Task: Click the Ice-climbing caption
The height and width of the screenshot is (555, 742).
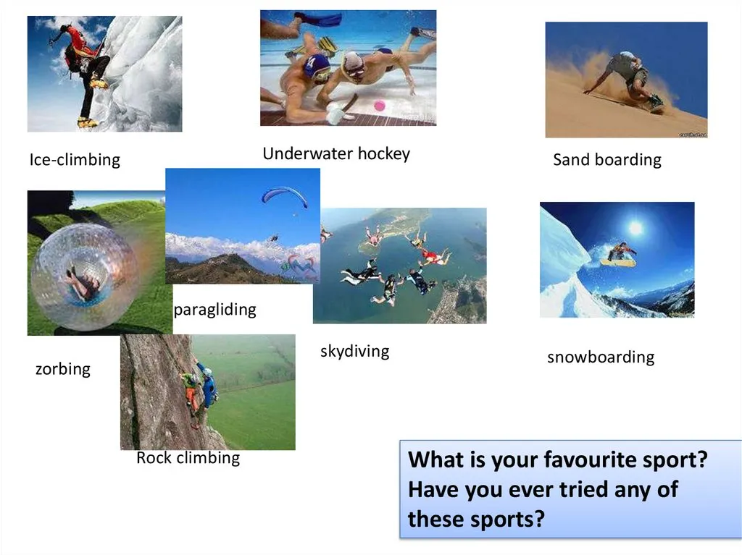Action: [x=75, y=160]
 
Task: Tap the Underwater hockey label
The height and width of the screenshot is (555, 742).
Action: [x=336, y=153]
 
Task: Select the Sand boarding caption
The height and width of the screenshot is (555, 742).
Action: [x=607, y=160]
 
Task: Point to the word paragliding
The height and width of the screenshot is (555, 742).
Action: [x=214, y=310]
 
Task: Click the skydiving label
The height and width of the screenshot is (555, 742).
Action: [x=355, y=351]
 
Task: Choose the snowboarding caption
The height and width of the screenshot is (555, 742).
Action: [x=601, y=357]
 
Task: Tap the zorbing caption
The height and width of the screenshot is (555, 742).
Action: [x=63, y=369]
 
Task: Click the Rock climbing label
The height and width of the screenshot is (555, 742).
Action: [x=188, y=457]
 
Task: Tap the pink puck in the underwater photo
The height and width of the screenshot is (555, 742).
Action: [x=380, y=106]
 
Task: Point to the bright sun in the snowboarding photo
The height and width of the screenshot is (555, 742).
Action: [x=635, y=227]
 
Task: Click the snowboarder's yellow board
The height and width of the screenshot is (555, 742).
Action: [x=618, y=262]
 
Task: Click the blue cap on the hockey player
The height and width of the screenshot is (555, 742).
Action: [x=317, y=65]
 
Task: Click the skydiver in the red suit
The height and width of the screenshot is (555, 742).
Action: [x=433, y=257]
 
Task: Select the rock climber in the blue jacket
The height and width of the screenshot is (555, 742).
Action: [x=207, y=384]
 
